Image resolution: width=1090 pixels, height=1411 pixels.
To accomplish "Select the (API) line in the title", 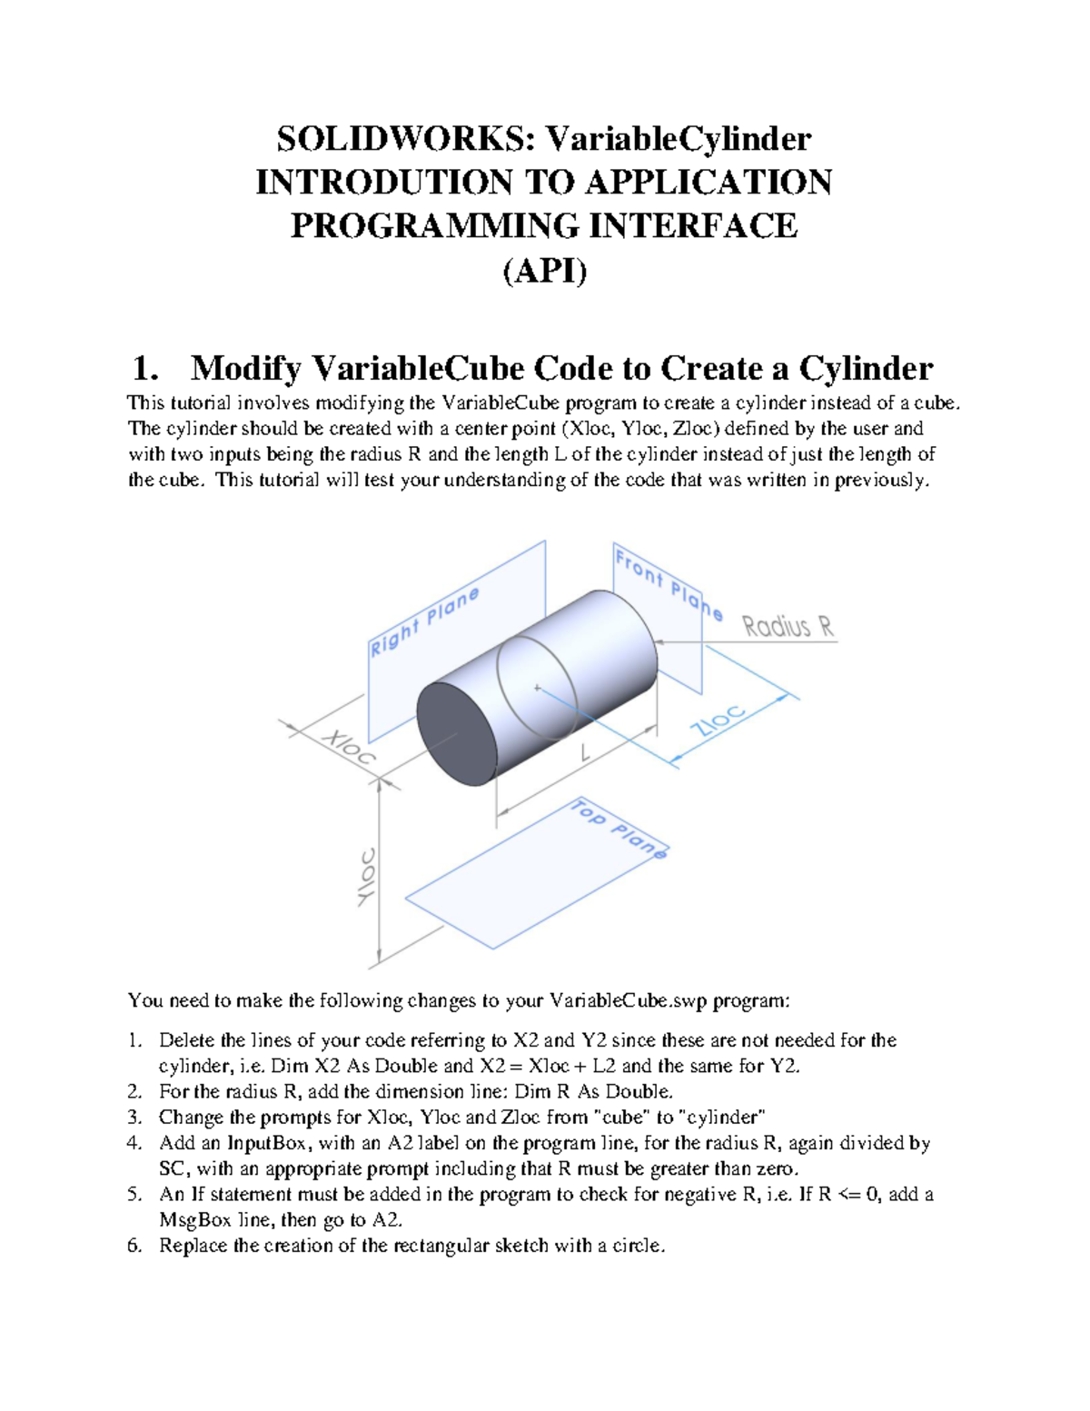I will [x=544, y=271].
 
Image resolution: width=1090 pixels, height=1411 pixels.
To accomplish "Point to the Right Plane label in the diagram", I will [x=423, y=622].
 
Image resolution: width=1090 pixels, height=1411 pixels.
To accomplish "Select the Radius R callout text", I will [x=788, y=627].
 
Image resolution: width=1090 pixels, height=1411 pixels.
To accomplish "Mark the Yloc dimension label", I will [x=366, y=877].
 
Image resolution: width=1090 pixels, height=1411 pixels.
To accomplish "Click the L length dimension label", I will [x=585, y=753].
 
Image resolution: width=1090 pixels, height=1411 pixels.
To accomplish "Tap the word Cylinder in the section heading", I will [x=866, y=369].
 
